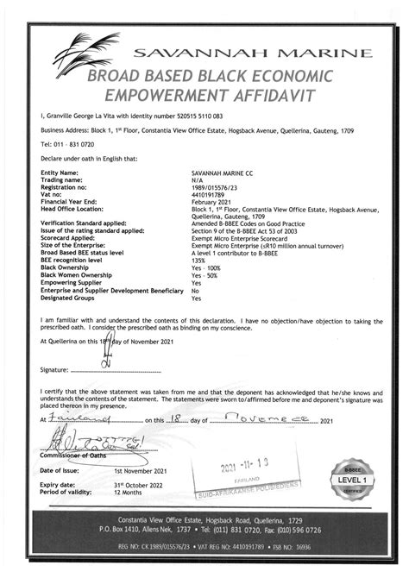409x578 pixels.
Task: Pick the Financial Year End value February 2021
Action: coord(212,201)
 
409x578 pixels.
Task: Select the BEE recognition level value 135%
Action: coord(200,259)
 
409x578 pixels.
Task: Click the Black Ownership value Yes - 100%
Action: coord(207,267)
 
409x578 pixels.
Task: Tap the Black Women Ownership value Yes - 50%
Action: coord(205,274)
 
